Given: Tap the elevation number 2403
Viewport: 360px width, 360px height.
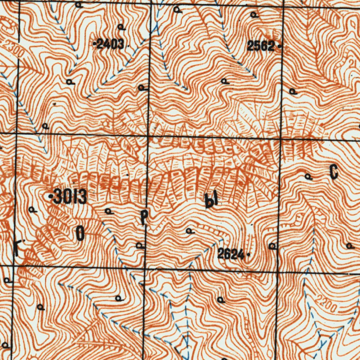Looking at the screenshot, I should tap(111, 45).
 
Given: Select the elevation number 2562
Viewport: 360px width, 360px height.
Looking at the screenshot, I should tap(261, 46).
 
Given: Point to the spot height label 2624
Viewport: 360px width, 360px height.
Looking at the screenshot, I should tap(231, 254).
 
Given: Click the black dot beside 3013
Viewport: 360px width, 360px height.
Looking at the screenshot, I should tap(51, 196).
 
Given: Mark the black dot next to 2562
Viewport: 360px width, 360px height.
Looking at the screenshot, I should tap(279, 46).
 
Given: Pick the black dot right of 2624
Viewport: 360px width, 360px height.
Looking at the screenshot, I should tap(248, 254).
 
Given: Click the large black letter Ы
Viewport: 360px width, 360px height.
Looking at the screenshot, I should tap(212, 200).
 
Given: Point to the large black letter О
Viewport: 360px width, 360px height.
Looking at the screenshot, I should tap(80, 234).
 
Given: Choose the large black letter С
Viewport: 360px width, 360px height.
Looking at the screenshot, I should tap(334, 173).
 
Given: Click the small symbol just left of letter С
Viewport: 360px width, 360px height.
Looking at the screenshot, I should tap(309, 177).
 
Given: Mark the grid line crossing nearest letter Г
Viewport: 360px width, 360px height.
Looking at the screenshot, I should tap(13, 266).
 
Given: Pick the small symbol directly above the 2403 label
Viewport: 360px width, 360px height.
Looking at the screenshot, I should tap(121, 27).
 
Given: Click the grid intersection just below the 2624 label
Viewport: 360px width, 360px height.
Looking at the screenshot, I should tap(277, 271).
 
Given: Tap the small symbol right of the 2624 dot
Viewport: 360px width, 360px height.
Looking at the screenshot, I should tap(272, 246).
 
